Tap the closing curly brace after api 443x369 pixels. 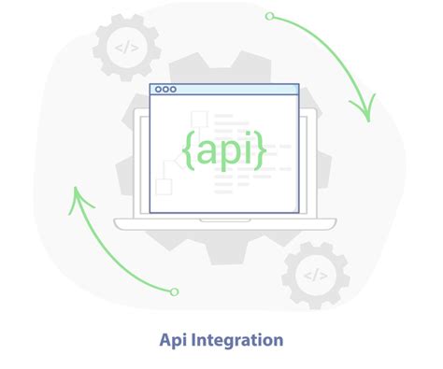[259, 149]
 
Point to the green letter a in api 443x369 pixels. [207, 149]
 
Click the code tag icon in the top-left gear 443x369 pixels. [126, 46]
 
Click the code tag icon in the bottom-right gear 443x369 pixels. [316, 275]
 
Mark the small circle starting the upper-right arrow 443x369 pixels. [269, 16]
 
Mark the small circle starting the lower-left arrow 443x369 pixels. [174, 291]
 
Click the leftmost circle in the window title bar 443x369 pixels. [158, 90]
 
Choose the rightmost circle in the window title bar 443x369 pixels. [173, 90]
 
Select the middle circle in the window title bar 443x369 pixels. [165, 90]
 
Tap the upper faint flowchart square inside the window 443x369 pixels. [198, 119]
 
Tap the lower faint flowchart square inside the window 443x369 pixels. [164, 186]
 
